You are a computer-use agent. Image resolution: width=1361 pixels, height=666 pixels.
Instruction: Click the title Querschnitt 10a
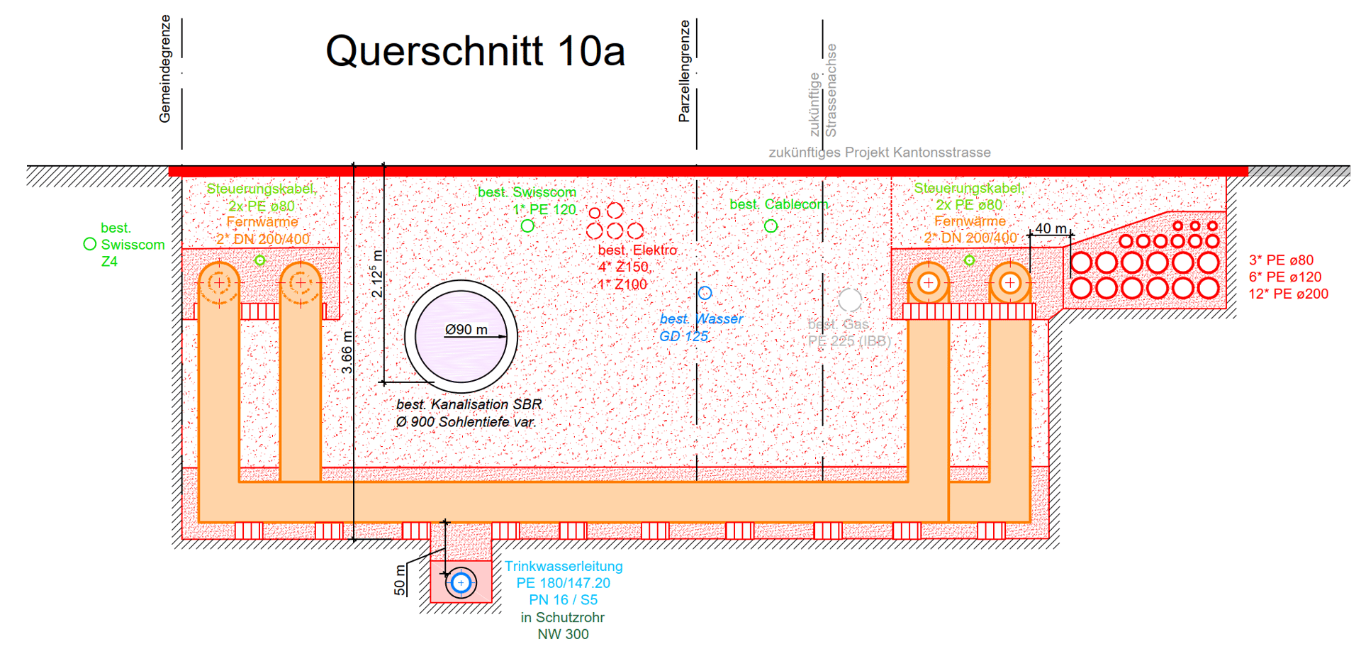(475, 51)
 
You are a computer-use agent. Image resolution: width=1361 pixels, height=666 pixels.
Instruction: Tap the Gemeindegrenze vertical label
(165, 69)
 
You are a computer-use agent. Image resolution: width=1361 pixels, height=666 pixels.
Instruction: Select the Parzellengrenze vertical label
(684, 71)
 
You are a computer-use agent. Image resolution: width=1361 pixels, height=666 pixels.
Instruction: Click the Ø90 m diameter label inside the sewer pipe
(466, 330)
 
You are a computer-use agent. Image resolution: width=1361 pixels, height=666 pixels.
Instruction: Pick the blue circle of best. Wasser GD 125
(705, 293)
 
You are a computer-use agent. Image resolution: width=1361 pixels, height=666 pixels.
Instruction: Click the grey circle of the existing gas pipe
(849, 301)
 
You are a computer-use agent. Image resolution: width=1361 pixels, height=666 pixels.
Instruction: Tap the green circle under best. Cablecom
(771, 226)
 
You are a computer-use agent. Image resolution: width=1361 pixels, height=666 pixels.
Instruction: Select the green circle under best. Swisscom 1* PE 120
(527, 226)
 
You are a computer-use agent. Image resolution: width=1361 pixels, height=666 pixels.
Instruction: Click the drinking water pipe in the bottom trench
(461, 583)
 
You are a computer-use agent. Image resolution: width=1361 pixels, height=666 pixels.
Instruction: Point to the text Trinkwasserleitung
(564, 566)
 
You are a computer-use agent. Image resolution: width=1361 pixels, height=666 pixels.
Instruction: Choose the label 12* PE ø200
(1288, 294)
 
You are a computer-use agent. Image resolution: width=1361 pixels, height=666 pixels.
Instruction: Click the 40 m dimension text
(1051, 228)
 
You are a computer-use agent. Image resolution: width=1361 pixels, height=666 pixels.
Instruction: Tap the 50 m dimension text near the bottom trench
(400, 579)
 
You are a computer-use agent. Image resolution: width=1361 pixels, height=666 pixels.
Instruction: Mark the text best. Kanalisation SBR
(469, 404)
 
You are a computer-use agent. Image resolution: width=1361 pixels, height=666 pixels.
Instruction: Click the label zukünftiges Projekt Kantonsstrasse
(880, 152)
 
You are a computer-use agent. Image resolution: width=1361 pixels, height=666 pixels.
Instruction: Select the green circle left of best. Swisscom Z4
(90, 244)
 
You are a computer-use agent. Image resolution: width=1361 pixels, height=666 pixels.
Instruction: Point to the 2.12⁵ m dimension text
(378, 274)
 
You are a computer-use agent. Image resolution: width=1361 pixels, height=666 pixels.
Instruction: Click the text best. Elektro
(637, 250)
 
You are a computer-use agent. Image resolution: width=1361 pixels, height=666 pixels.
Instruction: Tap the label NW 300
(563, 634)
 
